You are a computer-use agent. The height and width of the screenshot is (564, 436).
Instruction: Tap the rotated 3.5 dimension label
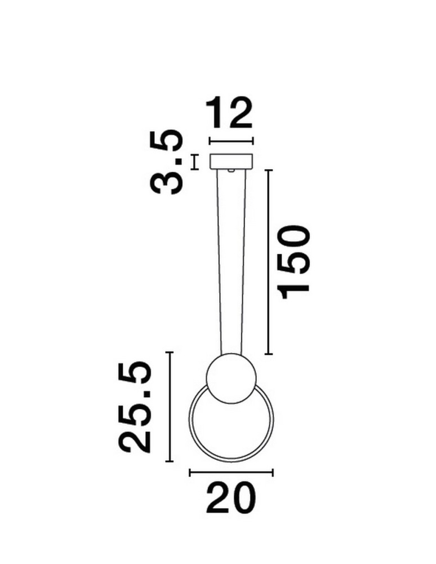[167, 162]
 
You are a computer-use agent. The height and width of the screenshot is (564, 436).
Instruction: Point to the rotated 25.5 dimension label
[136, 408]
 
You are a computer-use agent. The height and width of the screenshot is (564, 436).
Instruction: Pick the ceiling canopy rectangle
[232, 161]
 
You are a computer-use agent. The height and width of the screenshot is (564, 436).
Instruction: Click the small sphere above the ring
[232, 378]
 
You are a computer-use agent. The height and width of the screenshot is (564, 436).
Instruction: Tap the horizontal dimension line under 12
[231, 140]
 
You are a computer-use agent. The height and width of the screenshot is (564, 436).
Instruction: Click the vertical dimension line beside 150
[269, 262]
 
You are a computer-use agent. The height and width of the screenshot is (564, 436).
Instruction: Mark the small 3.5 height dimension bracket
[195, 162]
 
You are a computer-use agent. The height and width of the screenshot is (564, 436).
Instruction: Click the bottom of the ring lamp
[231, 460]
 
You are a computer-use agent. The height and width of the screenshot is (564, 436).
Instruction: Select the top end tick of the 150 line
[269, 170]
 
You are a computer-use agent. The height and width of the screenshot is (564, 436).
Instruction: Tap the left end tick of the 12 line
[210, 140]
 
